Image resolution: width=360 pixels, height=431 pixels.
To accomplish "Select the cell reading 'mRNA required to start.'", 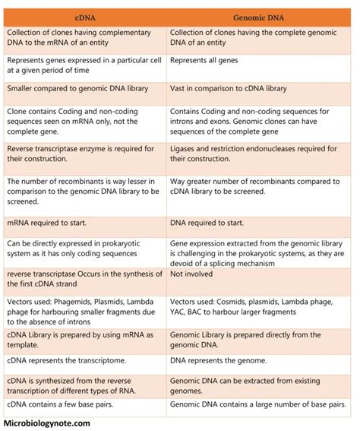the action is pos(46,223).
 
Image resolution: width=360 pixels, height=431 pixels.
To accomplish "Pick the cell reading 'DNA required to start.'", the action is pos(207,223).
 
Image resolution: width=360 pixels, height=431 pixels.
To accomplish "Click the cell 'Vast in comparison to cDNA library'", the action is pos(229,89).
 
